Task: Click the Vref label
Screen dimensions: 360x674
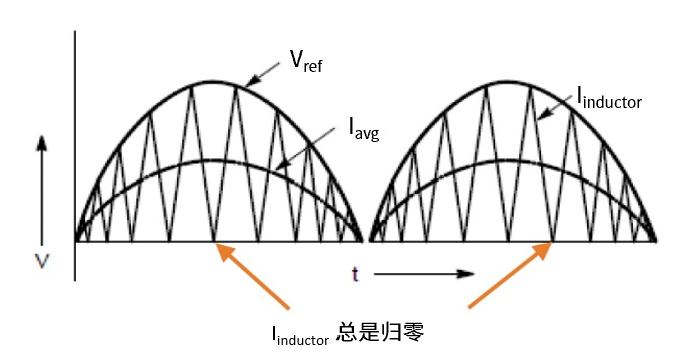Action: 306,61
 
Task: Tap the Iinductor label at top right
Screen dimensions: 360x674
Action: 608,97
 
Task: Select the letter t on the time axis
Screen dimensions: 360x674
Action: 355,272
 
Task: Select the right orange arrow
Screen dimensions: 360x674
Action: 509,277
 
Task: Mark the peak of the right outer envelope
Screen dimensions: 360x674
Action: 513,82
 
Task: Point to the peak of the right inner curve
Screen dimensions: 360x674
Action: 513,160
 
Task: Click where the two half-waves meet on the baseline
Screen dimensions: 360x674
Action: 366,241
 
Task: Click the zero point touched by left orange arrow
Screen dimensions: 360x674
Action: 214,241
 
